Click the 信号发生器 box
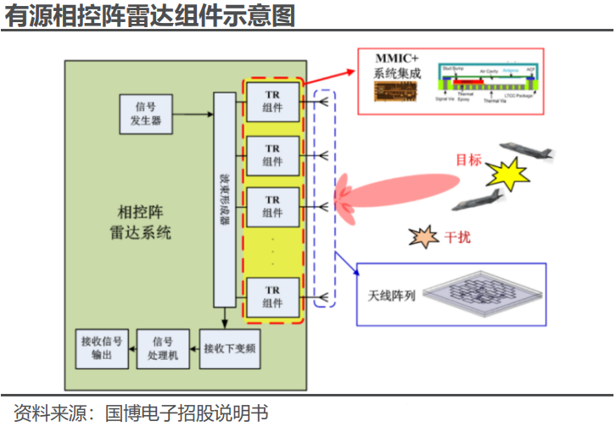[x=145, y=115]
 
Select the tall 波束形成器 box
[x=224, y=199]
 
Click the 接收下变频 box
[x=230, y=348]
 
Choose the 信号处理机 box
[x=161, y=348]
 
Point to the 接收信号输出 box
[x=100, y=348]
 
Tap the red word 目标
[x=468, y=160]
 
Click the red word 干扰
[x=457, y=238]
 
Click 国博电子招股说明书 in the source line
[x=186, y=413]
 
